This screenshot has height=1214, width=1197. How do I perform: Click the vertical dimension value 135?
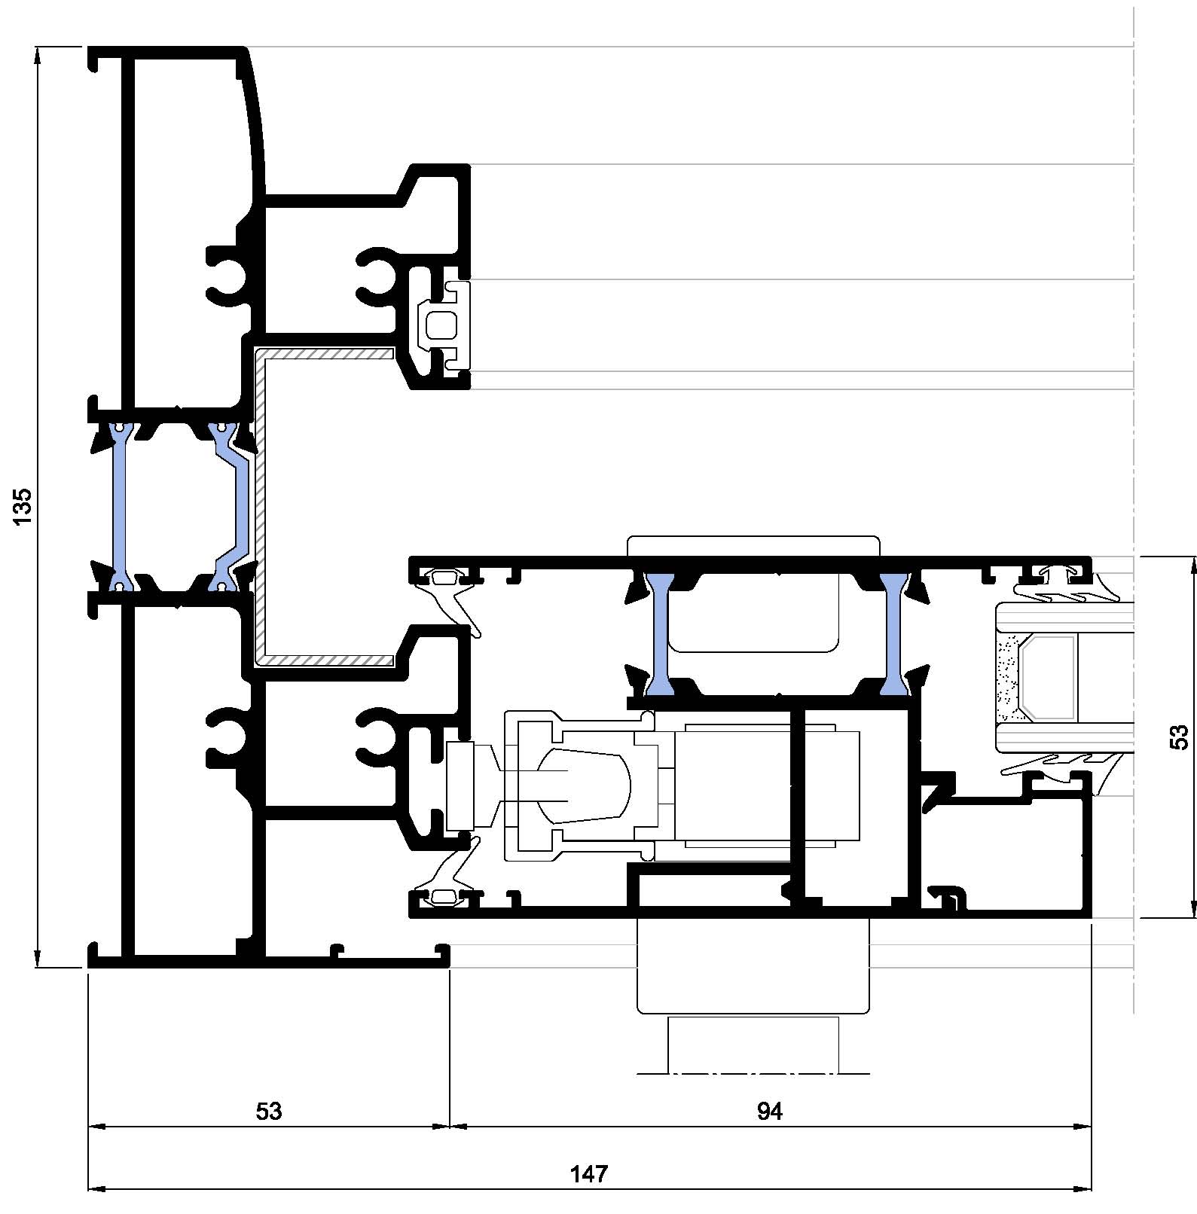click(x=23, y=506)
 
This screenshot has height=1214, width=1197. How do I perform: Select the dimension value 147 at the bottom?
click(x=589, y=1174)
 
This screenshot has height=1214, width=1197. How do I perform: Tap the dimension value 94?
click(x=770, y=1112)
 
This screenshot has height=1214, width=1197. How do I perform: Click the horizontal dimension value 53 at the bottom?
click(x=269, y=1112)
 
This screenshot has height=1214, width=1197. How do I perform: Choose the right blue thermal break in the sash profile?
click(x=893, y=634)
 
